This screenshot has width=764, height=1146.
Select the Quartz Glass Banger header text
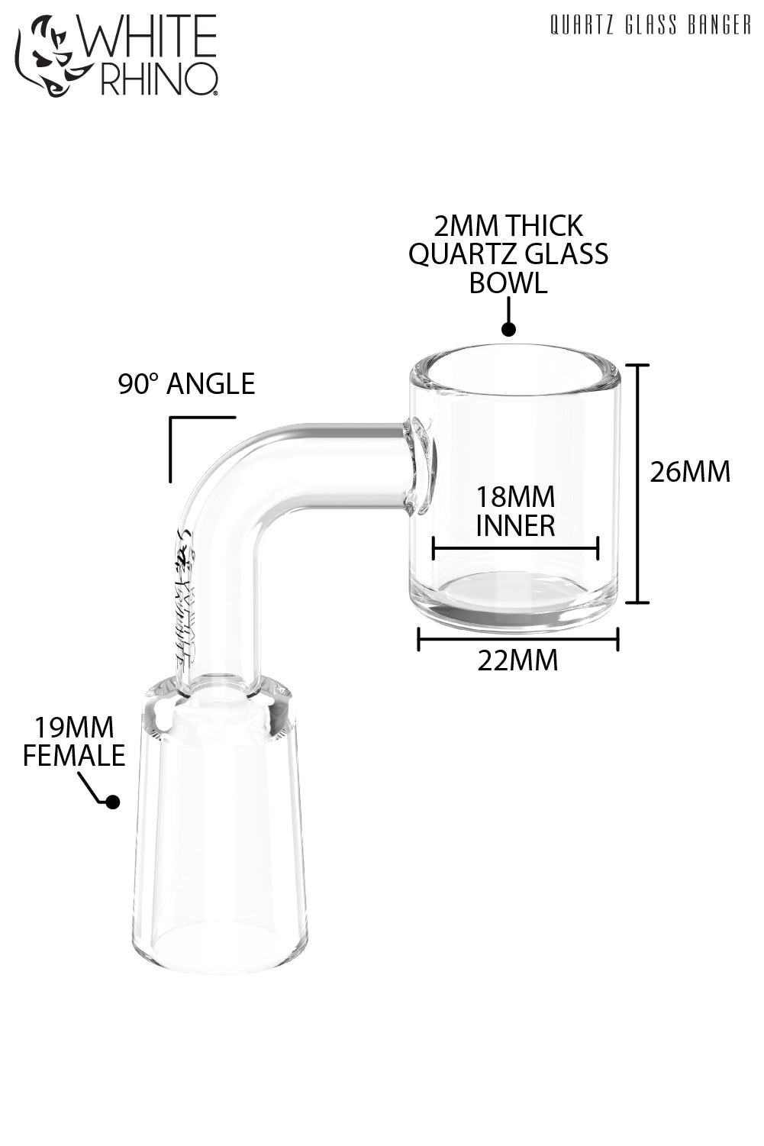[x=650, y=27]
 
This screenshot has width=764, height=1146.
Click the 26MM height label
[x=690, y=472]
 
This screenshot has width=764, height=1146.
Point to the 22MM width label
[x=517, y=660]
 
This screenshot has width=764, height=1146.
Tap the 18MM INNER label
[x=515, y=512]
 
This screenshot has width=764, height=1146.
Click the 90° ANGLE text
[x=186, y=383]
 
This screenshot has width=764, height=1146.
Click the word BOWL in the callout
[x=508, y=283]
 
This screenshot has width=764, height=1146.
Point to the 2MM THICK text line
[x=508, y=226]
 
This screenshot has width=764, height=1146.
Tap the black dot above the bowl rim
[x=508, y=329]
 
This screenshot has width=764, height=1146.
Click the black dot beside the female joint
[x=112, y=802]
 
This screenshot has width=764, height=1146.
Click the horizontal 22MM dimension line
[x=517, y=639]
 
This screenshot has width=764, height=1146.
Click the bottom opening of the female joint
[x=221, y=947]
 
